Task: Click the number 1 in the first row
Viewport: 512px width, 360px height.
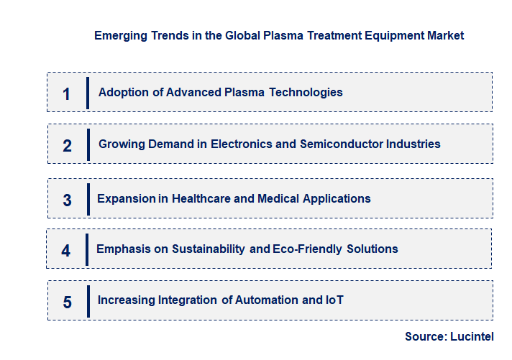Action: click(x=66, y=93)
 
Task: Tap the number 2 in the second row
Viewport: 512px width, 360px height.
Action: click(x=67, y=145)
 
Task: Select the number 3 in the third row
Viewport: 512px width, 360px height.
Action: click(x=67, y=200)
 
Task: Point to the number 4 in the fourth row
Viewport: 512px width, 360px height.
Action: click(x=66, y=251)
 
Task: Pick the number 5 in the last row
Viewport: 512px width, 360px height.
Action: click(x=67, y=302)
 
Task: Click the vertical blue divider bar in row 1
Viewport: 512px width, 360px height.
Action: click(x=87, y=93)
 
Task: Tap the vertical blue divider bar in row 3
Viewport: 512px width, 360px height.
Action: click(x=87, y=199)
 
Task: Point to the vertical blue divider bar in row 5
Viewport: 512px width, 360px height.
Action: click(x=87, y=300)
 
